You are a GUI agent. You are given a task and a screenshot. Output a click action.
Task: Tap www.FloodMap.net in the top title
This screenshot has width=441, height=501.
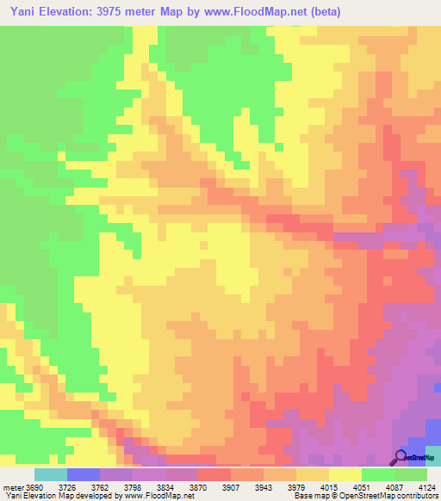coord(258,12)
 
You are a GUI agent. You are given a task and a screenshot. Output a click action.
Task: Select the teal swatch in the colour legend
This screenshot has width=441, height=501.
coord(50,475)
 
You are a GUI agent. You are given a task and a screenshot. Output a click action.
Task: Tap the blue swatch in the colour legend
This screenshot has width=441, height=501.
coord(83,475)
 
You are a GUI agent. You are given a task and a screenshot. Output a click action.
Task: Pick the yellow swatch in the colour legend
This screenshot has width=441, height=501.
coord(345,475)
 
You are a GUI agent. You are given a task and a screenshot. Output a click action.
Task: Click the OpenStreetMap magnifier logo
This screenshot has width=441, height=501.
coord(401,456)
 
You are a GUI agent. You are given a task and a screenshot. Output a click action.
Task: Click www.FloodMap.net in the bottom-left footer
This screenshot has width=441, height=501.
coord(158,496)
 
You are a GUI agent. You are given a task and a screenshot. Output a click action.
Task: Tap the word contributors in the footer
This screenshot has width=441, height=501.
coord(414,496)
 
